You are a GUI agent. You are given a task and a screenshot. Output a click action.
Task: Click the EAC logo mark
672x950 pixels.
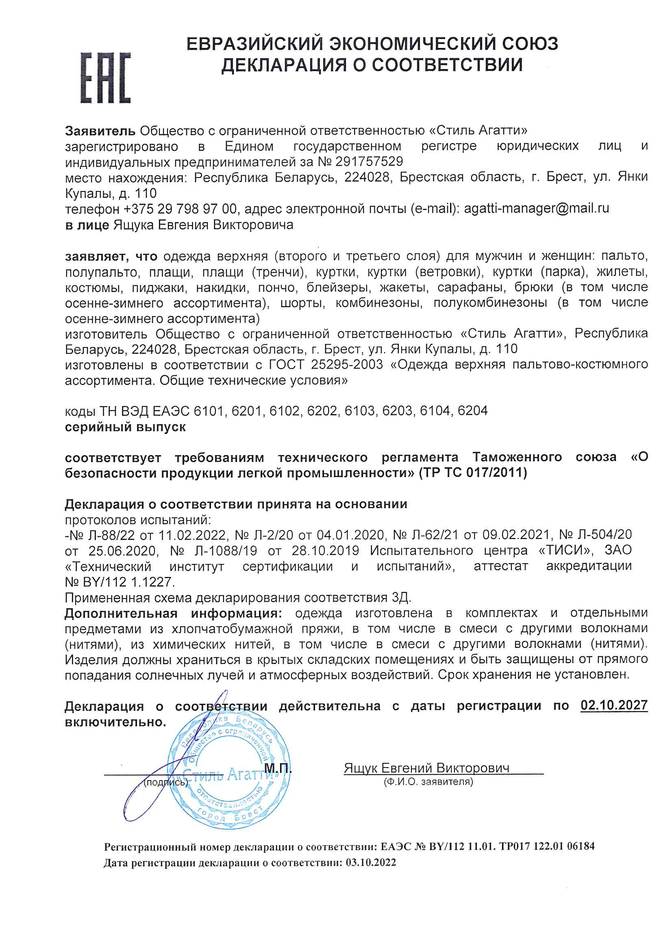pos(105,77)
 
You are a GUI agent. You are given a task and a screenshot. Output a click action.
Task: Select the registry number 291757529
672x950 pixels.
pos(369,161)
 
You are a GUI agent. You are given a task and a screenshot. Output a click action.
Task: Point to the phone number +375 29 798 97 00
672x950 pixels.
pos(181,209)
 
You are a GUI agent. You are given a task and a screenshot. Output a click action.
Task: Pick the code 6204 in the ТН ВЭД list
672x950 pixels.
pos(472,411)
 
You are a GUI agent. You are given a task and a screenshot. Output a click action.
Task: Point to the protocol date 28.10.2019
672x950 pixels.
pos(325,551)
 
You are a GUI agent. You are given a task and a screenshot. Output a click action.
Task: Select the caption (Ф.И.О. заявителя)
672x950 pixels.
pos(428,782)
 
